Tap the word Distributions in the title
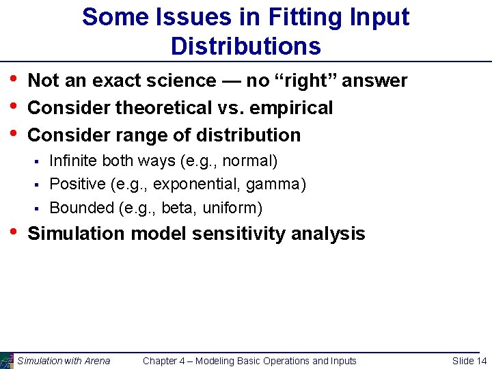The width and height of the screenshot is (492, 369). pos(246,46)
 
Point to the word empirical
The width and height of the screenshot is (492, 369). pos(295,108)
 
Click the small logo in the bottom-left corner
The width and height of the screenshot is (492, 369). pos(6,360)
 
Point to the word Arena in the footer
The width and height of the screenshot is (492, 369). pos(96,361)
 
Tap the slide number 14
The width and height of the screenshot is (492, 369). pos(481,361)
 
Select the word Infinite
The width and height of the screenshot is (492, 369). pos(74,161)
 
